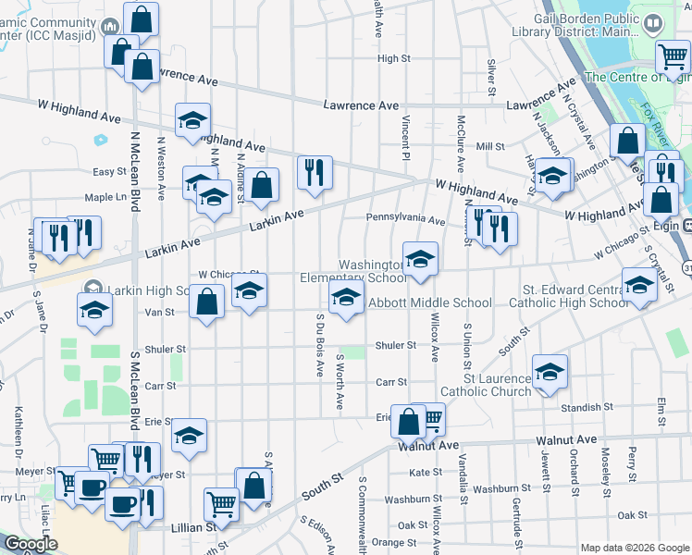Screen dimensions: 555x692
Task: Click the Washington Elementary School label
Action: pos(352,271)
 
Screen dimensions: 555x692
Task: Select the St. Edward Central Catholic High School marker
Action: pos(639,285)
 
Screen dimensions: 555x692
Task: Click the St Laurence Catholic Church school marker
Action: pos(550,372)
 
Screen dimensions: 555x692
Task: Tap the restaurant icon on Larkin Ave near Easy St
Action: pos(315,172)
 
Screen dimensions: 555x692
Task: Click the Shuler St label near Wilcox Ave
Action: pos(396,346)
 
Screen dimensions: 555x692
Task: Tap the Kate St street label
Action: pos(426,473)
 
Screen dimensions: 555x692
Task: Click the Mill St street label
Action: pos(489,146)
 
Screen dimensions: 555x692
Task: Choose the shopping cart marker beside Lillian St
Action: pos(221,505)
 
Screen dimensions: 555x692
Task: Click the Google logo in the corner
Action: pos(30,544)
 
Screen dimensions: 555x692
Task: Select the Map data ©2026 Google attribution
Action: pos(635,548)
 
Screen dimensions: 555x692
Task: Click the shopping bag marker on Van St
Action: pos(208,301)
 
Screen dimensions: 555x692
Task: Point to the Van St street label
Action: pos(160,313)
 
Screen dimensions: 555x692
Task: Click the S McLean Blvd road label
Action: pos(135,388)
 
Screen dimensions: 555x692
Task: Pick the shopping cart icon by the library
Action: pos(673,56)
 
